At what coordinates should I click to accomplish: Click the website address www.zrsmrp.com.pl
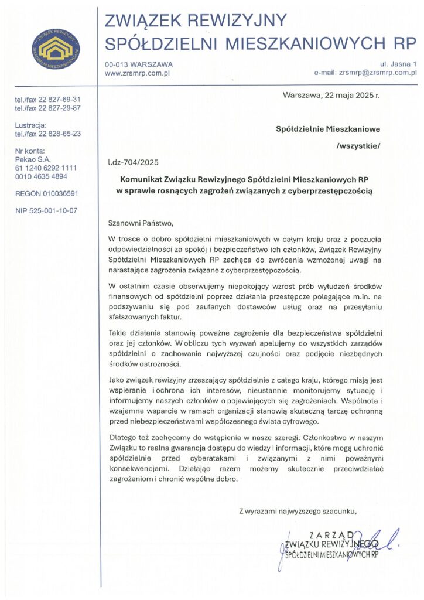[137, 73]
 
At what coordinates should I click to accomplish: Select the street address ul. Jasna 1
[399, 63]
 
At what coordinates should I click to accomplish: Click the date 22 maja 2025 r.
[348, 96]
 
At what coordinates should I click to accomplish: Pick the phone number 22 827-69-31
[60, 100]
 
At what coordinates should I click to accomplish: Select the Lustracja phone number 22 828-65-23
[60, 133]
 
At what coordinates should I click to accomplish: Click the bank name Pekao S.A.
[33, 159]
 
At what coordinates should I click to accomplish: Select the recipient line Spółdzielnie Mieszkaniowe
[328, 128]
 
